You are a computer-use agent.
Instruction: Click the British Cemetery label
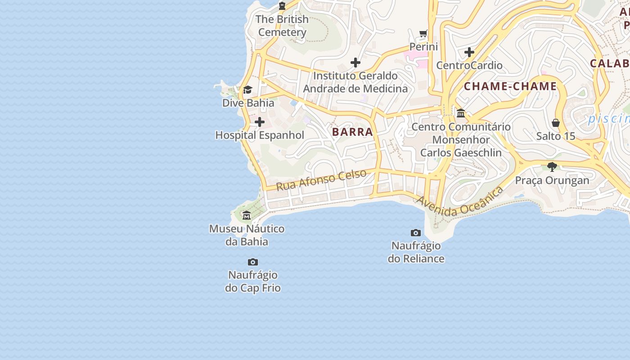(x=282, y=26)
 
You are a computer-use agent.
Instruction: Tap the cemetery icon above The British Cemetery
(x=282, y=6)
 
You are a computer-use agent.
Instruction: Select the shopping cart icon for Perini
(x=423, y=34)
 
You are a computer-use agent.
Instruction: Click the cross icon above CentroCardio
(x=469, y=52)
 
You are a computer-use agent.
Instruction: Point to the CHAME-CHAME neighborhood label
(x=510, y=86)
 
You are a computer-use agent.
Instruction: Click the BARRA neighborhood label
(x=353, y=132)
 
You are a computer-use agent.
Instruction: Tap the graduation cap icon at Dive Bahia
(x=247, y=90)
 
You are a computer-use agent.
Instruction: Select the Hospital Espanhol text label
(x=260, y=135)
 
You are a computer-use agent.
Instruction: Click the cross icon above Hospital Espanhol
(x=260, y=122)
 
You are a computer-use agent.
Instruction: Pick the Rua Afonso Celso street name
(x=321, y=180)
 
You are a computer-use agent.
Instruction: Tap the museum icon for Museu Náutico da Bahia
(x=247, y=216)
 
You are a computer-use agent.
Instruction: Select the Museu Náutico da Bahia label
(x=247, y=235)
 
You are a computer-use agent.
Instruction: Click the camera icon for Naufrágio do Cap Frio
(x=253, y=262)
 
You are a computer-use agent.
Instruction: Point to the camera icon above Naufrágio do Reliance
(x=416, y=233)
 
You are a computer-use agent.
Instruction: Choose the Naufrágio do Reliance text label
(x=416, y=252)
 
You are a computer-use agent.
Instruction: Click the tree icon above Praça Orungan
(x=552, y=167)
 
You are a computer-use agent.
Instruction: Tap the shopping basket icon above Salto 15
(x=556, y=123)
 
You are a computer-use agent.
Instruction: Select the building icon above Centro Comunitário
(x=461, y=113)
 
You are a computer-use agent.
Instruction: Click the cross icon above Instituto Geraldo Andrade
(x=355, y=63)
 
